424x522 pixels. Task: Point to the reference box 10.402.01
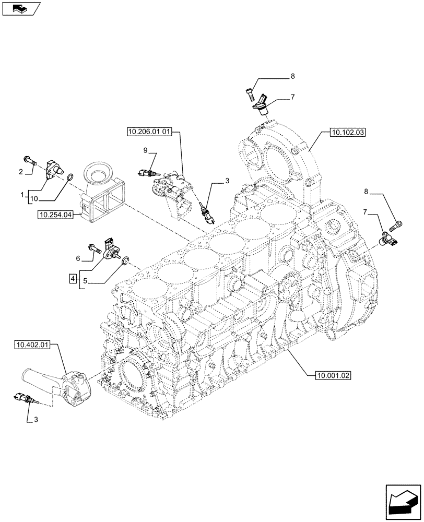pos(33,345)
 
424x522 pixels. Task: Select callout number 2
pos(21,171)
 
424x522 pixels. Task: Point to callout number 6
pos(78,258)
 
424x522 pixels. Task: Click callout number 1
pos(22,195)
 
